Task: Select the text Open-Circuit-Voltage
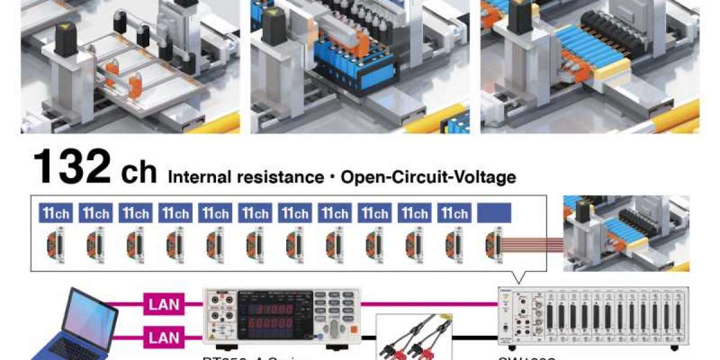(x=428, y=177)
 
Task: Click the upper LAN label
(x=164, y=304)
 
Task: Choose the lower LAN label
(x=164, y=338)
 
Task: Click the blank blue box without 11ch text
(x=494, y=213)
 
